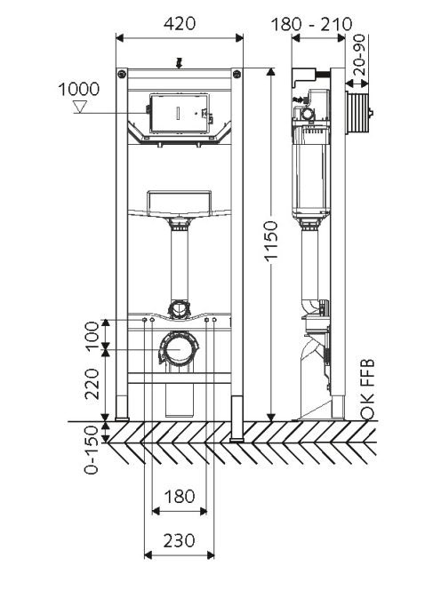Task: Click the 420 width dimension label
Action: click(180, 24)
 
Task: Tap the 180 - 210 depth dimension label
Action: click(312, 25)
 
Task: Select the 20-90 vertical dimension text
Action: click(360, 55)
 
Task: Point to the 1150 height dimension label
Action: click(271, 241)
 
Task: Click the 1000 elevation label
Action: click(79, 90)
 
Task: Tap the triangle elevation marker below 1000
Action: click(80, 107)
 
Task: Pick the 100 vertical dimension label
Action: click(92, 336)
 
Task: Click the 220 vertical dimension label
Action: click(92, 384)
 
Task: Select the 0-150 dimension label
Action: click(92, 450)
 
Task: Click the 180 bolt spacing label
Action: click(180, 497)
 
